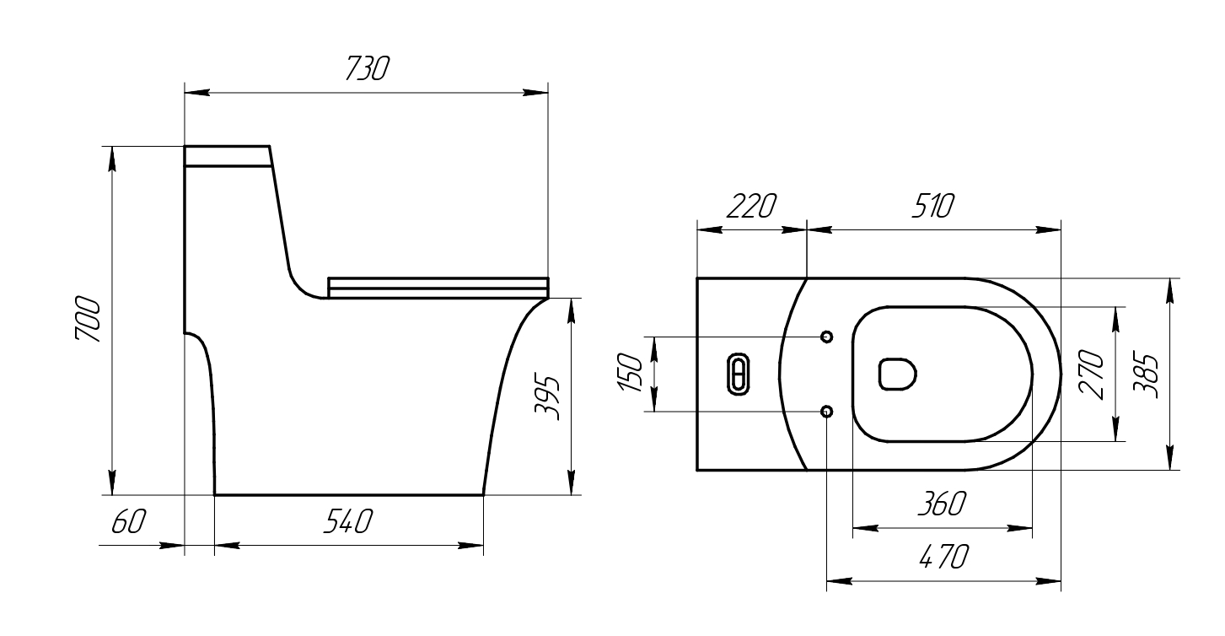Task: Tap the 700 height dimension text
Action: coord(88,319)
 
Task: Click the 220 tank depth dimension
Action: coord(750,207)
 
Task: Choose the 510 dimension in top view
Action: coord(932,207)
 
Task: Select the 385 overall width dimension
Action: coord(1145,374)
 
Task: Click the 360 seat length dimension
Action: coord(942,505)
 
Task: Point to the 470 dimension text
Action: coord(943,558)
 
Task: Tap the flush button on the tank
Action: coord(738,374)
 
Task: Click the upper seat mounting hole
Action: coord(826,337)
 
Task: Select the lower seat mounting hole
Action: coord(826,411)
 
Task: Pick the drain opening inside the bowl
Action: coord(898,374)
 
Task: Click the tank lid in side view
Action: coord(227,156)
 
